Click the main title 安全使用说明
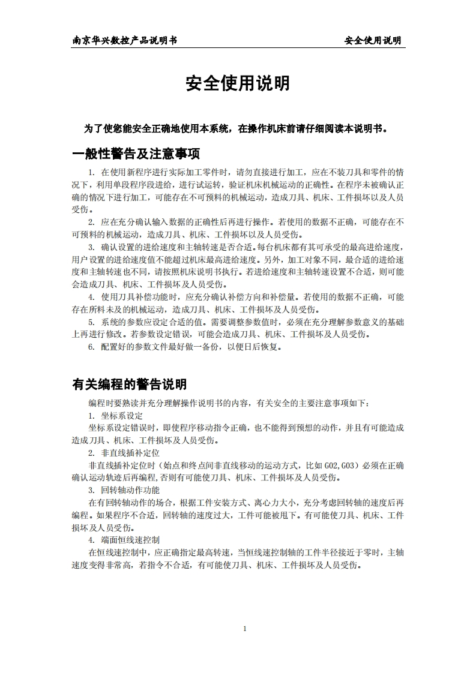[x=238, y=84]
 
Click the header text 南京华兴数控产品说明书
[x=124, y=41]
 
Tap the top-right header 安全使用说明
[x=372, y=41]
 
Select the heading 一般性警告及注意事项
[x=136, y=154]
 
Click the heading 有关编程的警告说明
[x=129, y=384]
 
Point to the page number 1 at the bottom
[x=245, y=629]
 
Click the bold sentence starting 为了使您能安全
[x=238, y=128]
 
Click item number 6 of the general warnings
[x=91, y=347]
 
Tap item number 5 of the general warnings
[x=91, y=322]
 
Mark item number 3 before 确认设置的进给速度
[x=91, y=247]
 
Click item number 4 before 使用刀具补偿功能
[x=91, y=297]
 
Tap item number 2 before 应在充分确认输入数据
[x=91, y=222]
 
